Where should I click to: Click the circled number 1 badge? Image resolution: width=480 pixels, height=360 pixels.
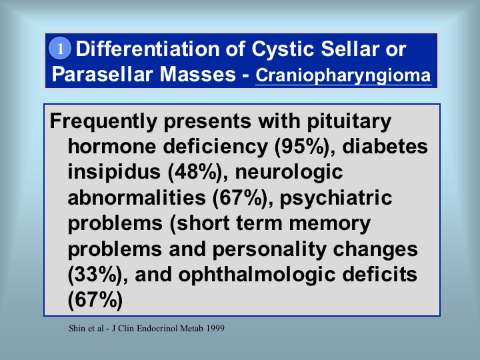(x=60, y=49)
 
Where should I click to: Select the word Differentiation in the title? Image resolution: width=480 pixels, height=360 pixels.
(x=147, y=49)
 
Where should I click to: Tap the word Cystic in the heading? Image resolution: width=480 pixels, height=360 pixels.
(x=283, y=49)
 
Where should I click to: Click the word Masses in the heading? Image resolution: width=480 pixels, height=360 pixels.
(x=197, y=74)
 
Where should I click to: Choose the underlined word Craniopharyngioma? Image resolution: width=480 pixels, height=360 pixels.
(x=343, y=75)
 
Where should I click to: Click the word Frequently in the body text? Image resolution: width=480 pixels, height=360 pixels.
(x=103, y=122)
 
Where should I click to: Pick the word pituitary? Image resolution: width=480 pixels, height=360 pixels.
(x=349, y=122)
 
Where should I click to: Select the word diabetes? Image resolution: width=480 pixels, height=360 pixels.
(x=385, y=146)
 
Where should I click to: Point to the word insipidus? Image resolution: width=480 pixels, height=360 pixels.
(x=114, y=173)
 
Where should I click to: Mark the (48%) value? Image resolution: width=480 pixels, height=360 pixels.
(x=195, y=173)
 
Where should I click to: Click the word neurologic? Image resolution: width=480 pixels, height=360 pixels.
(x=289, y=173)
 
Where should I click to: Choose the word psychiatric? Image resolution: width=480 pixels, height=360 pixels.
(x=336, y=199)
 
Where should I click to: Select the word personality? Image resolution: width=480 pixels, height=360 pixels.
(x=269, y=250)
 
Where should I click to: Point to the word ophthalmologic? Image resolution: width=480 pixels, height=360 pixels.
(x=257, y=275)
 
